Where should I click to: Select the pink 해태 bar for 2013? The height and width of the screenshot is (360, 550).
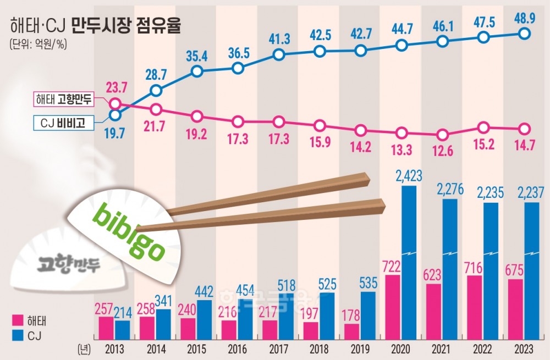click(106, 328)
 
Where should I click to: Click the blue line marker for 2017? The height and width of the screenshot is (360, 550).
click(279, 55)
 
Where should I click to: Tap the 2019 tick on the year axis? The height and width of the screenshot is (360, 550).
click(360, 350)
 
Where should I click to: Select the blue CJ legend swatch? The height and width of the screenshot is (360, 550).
click(18, 335)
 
